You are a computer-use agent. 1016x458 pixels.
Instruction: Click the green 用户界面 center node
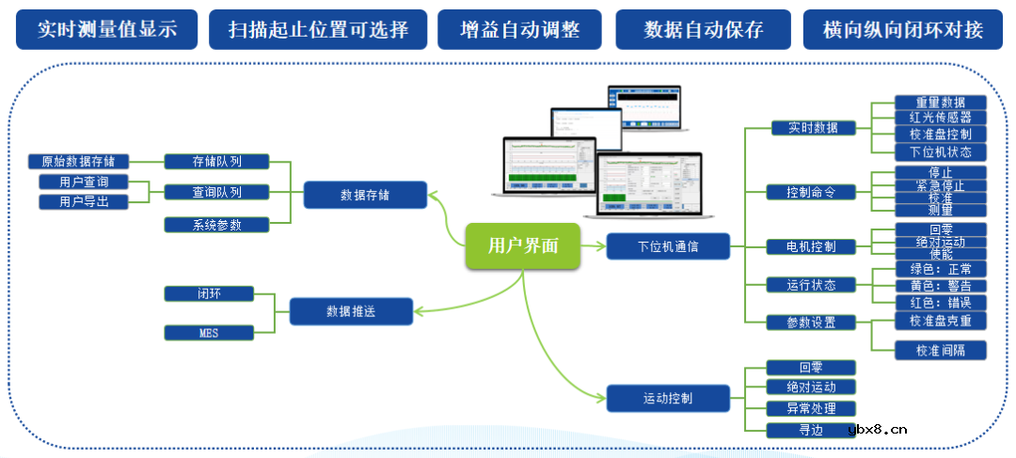[x=523, y=246]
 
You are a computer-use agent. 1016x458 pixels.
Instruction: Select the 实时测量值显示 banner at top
[x=107, y=29]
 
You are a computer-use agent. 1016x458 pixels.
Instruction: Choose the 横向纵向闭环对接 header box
[x=902, y=29]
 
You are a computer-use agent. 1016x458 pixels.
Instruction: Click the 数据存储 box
[x=365, y=196]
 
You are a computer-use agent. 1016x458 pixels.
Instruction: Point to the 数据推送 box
[x=351, y=311]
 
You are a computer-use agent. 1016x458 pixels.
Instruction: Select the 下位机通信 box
[x=668, y=246]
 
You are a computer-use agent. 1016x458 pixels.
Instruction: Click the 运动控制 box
[x=668, y=398]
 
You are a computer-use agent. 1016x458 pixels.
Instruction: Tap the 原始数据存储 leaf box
[x=78, y=161]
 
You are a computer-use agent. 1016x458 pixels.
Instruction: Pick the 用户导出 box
[x=84, y=201]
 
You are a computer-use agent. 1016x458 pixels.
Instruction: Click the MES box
[x=208, y=332]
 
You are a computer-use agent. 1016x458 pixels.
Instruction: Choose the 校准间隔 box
[x=941, y=350]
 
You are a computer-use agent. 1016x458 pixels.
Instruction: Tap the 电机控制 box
[x=811, y=246]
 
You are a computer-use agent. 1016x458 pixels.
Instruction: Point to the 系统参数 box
[x=216, y=224]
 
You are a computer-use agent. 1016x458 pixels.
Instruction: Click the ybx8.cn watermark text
[x=877, y=431]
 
